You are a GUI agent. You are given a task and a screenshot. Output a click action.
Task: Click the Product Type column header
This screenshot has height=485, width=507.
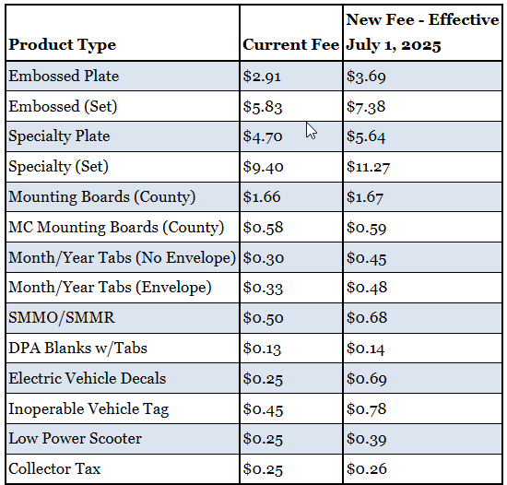pos(62,45)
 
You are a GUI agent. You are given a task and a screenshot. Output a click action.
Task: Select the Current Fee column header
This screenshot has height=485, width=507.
pos(290,44)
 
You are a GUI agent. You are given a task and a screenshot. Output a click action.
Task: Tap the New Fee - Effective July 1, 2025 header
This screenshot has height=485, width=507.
pos(422,32)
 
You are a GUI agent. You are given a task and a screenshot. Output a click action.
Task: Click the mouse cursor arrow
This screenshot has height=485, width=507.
pos(312,131)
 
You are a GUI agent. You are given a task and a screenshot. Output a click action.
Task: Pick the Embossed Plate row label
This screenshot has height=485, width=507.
pos(64,76)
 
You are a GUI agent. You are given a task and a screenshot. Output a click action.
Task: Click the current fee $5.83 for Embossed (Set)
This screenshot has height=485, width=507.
pos(263,107)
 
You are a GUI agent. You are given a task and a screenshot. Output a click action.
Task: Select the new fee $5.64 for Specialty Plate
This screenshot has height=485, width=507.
pos(366,136)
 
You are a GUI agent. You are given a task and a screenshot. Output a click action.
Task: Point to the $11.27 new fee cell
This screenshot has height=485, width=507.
pos(368,167)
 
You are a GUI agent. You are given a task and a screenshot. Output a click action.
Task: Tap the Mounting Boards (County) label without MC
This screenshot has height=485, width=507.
pos(101,197)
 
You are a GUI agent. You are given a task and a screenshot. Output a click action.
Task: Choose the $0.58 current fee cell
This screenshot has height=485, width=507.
pos(263,228)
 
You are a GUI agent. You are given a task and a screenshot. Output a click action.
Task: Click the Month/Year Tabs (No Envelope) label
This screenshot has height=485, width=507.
pos(122,258)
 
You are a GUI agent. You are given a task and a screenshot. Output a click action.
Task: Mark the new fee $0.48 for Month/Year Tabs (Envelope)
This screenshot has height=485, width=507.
pos(366,288)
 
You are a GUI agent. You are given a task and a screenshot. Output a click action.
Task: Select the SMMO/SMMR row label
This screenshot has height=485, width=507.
pos(62,318)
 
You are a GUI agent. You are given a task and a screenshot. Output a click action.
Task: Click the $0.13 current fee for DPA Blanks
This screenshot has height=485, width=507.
pos(262,349)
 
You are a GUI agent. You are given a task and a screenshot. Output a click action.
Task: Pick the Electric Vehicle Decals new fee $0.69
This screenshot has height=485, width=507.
pos(366,379)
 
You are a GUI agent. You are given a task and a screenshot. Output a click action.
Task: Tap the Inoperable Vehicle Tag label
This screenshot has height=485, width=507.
pos(88,409)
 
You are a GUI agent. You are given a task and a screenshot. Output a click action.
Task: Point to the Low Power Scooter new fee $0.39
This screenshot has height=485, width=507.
pos(366,439)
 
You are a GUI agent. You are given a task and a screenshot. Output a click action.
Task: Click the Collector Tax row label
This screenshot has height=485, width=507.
pos(54,468)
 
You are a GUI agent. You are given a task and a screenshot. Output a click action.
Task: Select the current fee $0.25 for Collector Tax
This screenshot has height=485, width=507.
pos(263,469)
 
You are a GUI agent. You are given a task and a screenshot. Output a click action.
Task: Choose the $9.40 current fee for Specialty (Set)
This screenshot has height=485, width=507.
pos(264,167)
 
